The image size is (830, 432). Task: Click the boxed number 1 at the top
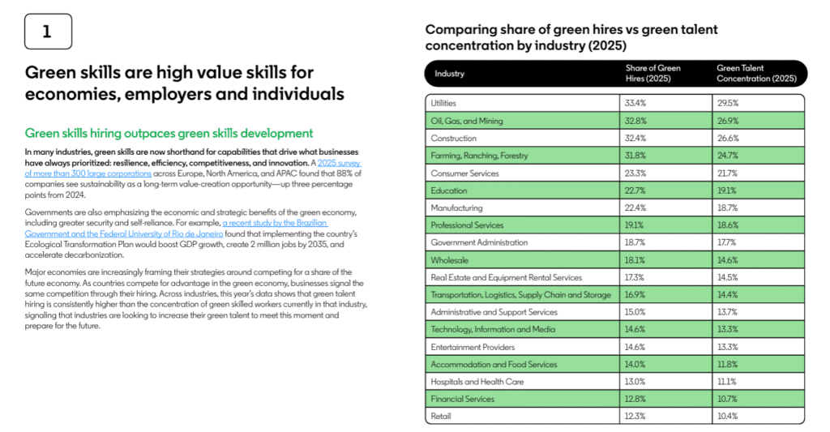coord(48,32)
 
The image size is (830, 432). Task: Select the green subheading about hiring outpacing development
coord(169,133)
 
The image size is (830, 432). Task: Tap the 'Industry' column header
coord(450,74)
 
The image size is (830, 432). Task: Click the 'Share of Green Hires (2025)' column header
coord(652,74)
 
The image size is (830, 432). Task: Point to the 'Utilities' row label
coord(443,104)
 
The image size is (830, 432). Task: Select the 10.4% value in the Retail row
coord(727,416)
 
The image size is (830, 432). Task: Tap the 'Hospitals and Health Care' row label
coord(478,381)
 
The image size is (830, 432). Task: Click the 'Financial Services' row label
coord(463,399)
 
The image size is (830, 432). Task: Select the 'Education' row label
coord(449,190)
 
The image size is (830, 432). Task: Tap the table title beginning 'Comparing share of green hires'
coord(571,37)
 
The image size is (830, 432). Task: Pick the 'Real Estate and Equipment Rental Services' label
coord(507,277)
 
